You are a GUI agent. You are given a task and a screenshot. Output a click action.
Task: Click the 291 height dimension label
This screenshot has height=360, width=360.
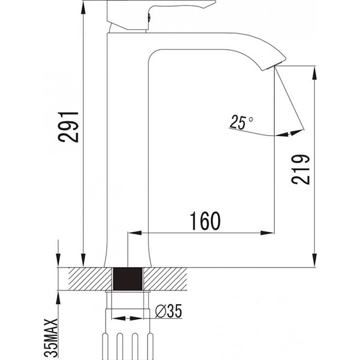tap(68, 127)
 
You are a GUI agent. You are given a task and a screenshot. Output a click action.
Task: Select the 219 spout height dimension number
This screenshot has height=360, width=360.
tap(301, 169)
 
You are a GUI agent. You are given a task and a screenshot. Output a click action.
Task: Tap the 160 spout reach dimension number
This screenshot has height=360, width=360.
tap(205, 221)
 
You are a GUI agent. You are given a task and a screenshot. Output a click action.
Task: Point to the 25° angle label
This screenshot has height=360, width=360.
tap(241, 122)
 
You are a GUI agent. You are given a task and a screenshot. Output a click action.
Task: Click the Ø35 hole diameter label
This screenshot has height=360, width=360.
tap(169, 311)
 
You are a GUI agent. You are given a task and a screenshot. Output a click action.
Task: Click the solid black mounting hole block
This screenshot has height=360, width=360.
tap(128, 279)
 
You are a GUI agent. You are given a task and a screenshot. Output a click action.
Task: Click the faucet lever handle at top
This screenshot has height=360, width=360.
tap(161, 14)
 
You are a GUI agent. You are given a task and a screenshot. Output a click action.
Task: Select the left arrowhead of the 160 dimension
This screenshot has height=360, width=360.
tap(135, 233)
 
